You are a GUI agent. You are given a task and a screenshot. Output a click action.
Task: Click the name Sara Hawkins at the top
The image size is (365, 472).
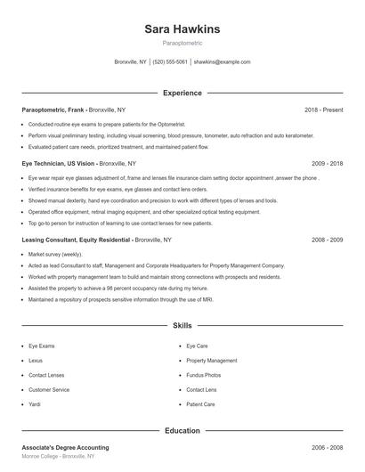[182, 29]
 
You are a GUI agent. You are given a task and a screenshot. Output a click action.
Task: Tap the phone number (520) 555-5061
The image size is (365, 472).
[170, 62]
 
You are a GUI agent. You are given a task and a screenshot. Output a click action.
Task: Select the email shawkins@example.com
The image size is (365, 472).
[222, 62]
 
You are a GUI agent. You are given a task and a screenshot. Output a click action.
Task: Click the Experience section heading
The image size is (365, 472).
[182, 93]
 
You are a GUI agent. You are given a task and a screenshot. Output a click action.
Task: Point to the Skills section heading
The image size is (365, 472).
[182, 327]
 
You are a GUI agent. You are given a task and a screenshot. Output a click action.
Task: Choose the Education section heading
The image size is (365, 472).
[182, 431]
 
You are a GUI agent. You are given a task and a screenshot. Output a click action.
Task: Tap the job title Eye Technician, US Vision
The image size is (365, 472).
[58, 164]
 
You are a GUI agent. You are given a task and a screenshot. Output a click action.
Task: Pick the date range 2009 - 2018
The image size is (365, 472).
[328, 164]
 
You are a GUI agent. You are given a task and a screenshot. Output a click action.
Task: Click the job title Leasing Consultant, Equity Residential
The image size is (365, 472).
[76, 240]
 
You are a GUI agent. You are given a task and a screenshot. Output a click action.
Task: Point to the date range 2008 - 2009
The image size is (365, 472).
[328, 240]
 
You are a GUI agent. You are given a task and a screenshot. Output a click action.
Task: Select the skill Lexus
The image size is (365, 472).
[36, 361]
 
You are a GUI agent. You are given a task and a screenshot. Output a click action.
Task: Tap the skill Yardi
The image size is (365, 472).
[36, 404]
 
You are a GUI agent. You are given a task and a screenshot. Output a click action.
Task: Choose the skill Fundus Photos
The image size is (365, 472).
[204, 375]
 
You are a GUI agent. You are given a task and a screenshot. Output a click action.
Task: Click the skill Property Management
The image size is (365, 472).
[211, 361]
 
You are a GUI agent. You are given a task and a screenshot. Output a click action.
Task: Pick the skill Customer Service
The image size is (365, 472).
[49, 390]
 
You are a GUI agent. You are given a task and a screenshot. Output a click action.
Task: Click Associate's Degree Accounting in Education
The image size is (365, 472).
[65, 447]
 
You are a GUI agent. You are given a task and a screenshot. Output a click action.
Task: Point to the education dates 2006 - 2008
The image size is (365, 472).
[328, 447]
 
